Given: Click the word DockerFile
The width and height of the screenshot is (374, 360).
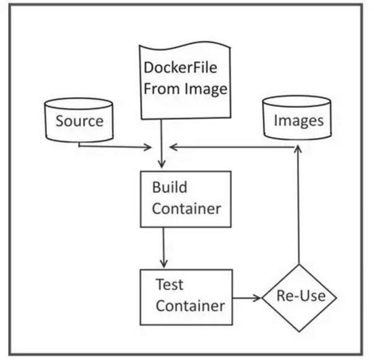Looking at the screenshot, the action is (180, 67).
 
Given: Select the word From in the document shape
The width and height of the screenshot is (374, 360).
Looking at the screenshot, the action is (161, 88).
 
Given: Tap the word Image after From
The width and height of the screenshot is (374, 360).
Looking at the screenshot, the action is (206, 90).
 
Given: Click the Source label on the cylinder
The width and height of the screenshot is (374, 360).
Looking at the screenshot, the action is (80, 121).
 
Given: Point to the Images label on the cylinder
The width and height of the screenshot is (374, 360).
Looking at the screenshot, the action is (299, 121).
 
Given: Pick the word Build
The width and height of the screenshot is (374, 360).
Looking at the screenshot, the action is (169, 187).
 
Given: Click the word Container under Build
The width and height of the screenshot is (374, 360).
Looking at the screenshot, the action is (186, 209).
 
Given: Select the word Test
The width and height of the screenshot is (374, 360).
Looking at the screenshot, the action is (169, 285).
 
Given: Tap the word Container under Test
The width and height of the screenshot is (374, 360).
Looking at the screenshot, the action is (190, 306).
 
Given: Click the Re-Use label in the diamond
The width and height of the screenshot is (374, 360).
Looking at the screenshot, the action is (301, 296).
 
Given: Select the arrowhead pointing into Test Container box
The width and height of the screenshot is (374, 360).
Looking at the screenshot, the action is (164, 264).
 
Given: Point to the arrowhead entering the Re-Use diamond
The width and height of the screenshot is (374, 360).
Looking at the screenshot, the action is (258, 298).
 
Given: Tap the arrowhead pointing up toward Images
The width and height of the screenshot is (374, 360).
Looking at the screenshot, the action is (298, 149).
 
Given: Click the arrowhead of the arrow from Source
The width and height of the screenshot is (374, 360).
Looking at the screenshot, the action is (148, 147).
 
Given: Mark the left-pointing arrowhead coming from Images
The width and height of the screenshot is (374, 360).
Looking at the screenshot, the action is (173, 147).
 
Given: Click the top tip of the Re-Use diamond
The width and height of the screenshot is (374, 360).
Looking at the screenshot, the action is (299, 265).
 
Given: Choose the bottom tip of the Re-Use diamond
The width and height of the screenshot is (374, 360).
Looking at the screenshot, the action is (299, 331).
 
